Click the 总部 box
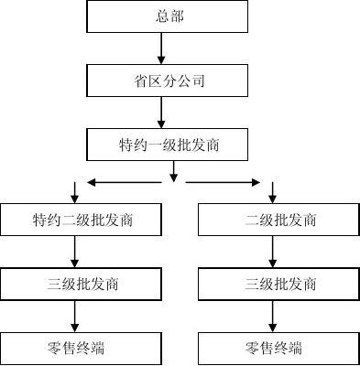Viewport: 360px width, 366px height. tap(167, 16)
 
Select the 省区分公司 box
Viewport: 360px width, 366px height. tap(167, 81)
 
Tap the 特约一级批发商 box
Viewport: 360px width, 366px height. tap(167, 145)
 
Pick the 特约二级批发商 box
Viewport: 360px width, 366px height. tap(73, 220)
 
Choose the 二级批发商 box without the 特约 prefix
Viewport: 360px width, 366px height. tap(272, 220)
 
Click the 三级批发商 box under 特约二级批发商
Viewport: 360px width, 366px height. tap(73, 284)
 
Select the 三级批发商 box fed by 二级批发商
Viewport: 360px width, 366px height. tap(272, 284)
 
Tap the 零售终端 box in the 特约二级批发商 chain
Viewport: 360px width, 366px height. tap(73, 348)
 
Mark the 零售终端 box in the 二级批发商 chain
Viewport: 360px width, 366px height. tap(272, 348)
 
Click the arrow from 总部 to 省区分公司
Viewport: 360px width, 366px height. tap(161, 48)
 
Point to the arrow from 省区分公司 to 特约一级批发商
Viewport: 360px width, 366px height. tap(161, 113)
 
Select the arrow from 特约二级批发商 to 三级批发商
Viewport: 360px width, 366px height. tap(73, 252)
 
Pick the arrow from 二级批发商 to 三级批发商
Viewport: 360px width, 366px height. tap(272, 252)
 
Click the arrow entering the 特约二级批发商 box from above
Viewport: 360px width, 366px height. tap(73, 192)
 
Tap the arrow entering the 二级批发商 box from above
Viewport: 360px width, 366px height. tap(272, 192)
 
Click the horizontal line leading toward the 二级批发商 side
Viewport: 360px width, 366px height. tap(220, 181)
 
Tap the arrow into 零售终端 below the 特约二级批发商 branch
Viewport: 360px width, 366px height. tap(73, 316)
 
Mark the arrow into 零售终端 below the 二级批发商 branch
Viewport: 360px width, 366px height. tap(272, 316)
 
